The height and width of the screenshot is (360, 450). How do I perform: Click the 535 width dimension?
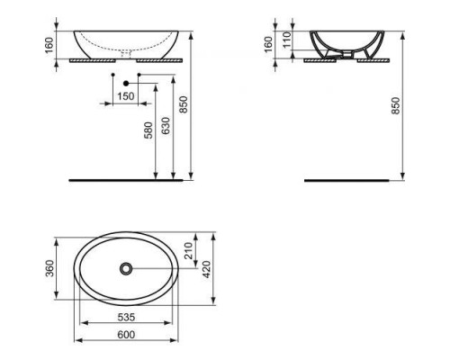(x=125, y=319)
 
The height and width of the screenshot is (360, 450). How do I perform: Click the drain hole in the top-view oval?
(x=125, y=267)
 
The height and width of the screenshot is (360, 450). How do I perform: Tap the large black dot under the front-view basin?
(x=125, y=82)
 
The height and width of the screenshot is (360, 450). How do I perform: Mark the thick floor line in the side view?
(x=343, y=180)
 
